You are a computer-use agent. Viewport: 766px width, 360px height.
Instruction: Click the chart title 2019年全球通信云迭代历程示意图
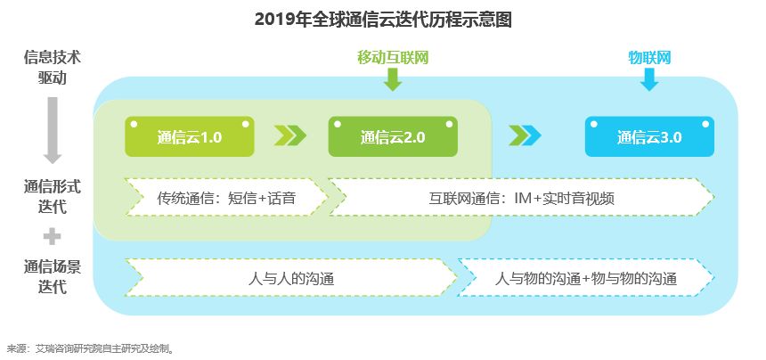coord(383,19)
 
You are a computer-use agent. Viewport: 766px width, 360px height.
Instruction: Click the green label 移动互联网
coord(393,58)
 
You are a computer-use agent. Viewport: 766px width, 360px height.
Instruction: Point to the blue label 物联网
coord(649,58)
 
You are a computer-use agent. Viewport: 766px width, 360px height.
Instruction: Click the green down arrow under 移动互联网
coord(393,80)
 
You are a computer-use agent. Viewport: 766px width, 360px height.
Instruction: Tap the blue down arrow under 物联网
coord(649,80)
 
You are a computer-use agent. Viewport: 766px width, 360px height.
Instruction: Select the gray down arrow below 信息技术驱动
coord(53,129)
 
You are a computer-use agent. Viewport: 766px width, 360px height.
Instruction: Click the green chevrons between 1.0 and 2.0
coord(290,135)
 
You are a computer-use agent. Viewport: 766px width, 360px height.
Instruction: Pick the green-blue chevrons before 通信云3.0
coord(526,135)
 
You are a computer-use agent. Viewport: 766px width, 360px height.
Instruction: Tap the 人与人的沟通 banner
coord(291,278)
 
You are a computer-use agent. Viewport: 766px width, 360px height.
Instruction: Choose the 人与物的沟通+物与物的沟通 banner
coord(586,278)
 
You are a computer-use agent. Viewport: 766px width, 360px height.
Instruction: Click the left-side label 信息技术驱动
coord(53,67)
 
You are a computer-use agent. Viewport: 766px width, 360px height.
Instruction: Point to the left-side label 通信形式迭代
coord(53,197)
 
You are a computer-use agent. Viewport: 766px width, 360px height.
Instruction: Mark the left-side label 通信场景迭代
coord(53,276)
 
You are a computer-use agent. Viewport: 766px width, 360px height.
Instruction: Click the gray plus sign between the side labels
coord(53,236)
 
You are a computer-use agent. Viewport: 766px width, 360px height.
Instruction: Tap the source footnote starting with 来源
coord(89,348)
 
